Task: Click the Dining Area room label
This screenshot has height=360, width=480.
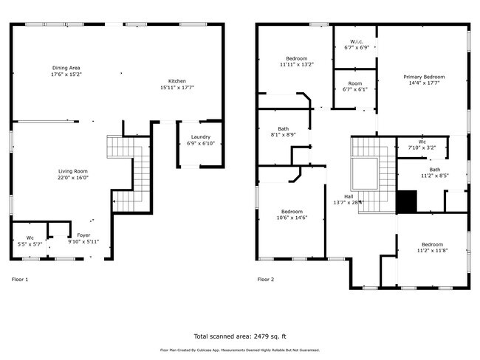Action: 66,68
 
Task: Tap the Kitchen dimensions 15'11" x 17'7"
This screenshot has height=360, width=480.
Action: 177,88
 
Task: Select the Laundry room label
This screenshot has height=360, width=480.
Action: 201,136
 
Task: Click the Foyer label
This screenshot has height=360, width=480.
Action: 83,235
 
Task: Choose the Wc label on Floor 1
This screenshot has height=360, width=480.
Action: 30,238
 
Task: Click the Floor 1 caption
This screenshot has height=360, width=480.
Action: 20,280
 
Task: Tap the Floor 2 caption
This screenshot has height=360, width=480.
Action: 265,280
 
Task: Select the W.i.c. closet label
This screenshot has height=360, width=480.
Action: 356,41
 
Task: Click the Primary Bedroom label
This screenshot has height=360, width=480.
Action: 423,77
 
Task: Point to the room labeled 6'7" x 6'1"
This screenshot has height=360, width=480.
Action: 356,83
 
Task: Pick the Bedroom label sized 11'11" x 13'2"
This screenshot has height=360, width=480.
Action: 296,58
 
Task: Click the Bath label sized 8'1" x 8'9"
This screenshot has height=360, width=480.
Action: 283,128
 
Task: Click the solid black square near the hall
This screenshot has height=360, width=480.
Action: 406,201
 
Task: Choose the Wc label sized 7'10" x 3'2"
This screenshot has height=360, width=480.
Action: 422,142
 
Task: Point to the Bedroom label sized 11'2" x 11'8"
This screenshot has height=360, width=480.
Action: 432,244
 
